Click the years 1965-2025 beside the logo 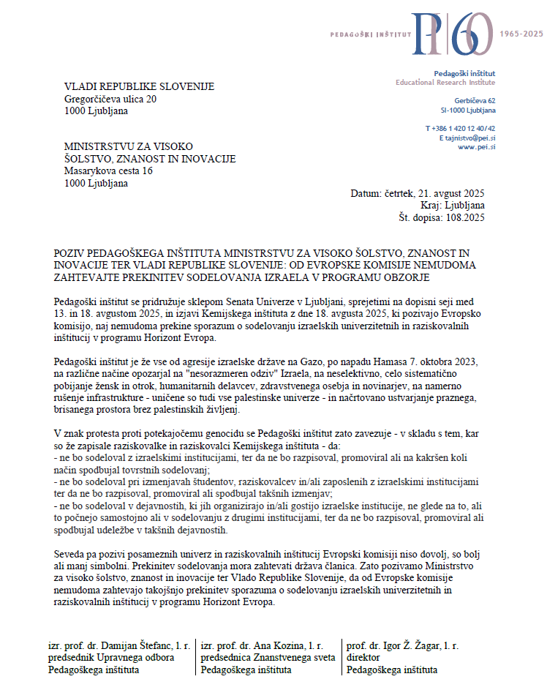tap(521, 34)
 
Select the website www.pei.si tap(477, 147)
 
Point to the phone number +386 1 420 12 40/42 tap(460, 128)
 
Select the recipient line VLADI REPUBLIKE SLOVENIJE tap(139, 86)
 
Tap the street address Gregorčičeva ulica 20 tap(110, 99)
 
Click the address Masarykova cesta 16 tap(108, 170)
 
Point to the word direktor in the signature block tap(363, 657)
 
